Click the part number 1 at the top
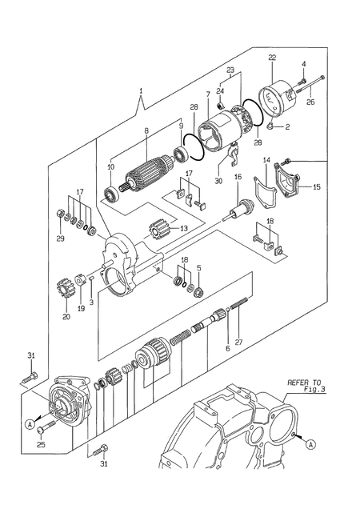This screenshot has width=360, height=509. click(142, 93)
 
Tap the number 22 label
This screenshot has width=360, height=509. click(272, 57)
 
